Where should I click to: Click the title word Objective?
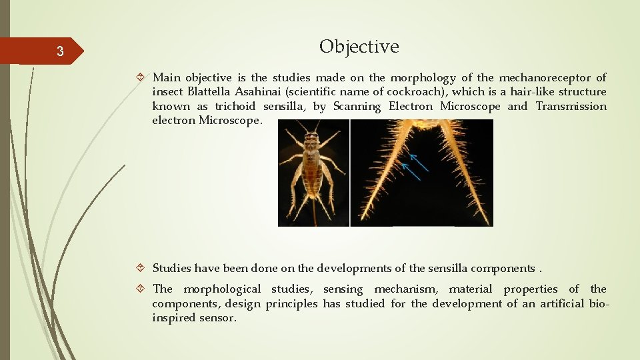point(359,47)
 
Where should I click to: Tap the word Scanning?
point(357,107)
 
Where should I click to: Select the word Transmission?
point(571,107)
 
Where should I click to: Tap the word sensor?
point(218,318)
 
